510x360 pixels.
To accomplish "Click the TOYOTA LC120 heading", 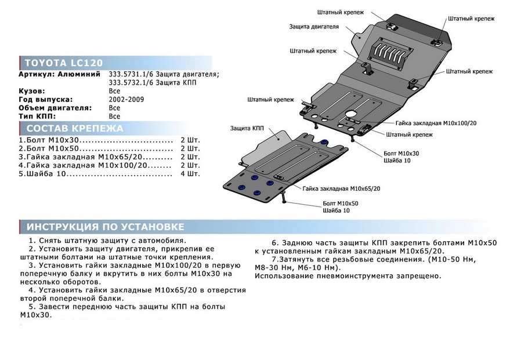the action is [x=64, y=63].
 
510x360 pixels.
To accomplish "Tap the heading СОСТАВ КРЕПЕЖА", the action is [x=75, y=129].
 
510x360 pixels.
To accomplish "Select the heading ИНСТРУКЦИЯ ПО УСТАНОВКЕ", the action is [x=106, y=227].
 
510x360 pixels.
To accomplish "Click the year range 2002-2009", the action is [x=126, y=100].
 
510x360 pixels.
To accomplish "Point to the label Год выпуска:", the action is [x=46, y=100].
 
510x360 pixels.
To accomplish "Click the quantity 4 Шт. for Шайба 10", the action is [x=190, y=174].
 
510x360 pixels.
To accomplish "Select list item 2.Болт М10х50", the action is [x=49, y=148].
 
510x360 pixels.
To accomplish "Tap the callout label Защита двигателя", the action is [x=314, y=27].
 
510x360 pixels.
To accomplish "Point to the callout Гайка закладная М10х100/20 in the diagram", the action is [x=436, y=123].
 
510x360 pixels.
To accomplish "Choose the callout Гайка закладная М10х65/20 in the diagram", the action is [x=341, y=188].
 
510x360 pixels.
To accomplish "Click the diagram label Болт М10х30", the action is [x=401, y=154].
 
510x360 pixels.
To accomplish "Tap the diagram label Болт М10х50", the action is [x=341, y=203].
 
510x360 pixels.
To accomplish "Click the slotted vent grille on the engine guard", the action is [x=390, y=53].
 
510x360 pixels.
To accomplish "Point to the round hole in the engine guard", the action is [x=352, y=114].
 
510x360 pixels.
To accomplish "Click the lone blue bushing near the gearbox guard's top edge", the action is [x=324, y=142].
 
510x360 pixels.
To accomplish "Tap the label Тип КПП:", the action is [x=37, y=117].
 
